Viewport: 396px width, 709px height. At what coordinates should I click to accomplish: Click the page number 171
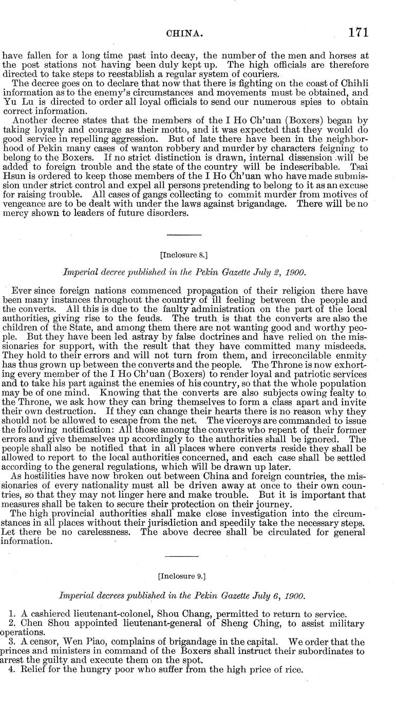358,33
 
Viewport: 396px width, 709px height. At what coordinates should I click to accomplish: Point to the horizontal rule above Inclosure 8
184,235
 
